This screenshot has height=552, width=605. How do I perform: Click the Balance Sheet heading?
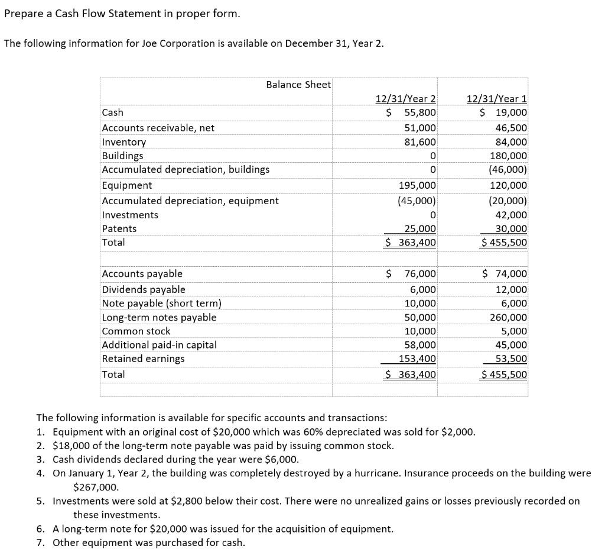[x=298, y=85]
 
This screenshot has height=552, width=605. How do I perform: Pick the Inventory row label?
[x=124, y=142]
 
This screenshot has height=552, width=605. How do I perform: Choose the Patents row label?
[x=119, y=228]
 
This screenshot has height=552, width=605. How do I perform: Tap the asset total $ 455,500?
[x=504, y=242]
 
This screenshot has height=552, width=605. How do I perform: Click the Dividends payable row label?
[x=144, y=289]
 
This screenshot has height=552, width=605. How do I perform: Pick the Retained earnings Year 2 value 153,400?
[x=418, y=359]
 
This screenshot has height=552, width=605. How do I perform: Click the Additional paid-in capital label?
[x=160, y=344]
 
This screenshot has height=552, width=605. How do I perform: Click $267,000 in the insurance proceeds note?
[x=96, y=488]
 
